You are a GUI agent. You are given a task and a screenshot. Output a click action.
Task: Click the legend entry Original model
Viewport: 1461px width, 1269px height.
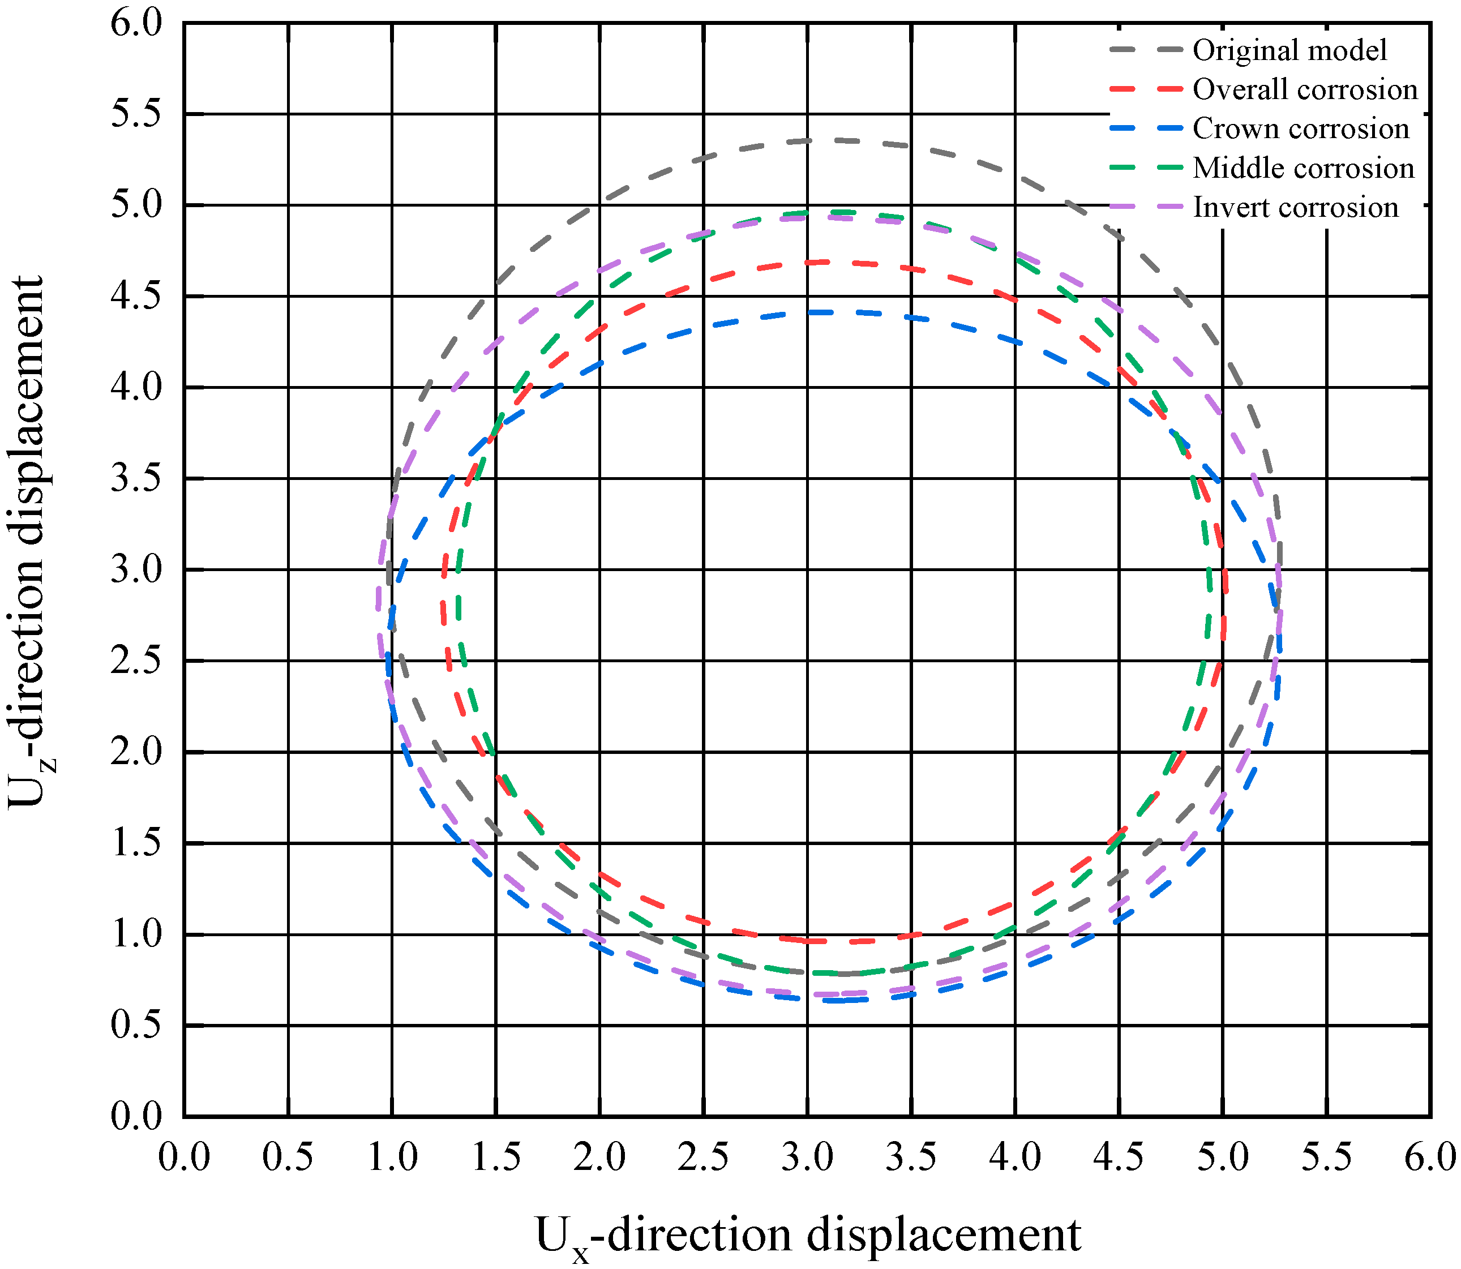point(1289,50)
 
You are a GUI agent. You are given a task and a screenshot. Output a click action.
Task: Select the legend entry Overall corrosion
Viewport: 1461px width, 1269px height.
point(1305,90)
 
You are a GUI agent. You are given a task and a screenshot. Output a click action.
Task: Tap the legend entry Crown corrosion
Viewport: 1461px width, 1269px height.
point(1300,129)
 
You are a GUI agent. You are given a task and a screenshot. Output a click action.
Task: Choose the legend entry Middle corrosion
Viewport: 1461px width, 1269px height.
point(1303,169)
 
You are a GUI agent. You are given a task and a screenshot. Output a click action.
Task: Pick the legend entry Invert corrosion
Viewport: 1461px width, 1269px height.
point(1295,208)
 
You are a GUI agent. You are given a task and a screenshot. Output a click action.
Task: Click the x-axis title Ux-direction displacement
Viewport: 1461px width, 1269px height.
point(807,1235)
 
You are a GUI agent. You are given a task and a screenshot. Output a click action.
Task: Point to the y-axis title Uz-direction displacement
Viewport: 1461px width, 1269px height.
point(27,542)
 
